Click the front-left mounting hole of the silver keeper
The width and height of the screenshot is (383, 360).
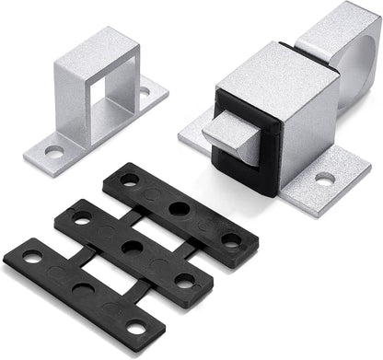coord(54,150)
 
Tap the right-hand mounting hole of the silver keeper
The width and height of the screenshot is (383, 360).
coord(145,92)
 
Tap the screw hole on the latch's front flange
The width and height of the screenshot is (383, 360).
coord(325,179)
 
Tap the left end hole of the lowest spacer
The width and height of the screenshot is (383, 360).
coord(34,258)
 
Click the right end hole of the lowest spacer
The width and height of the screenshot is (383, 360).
coord(137,327)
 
